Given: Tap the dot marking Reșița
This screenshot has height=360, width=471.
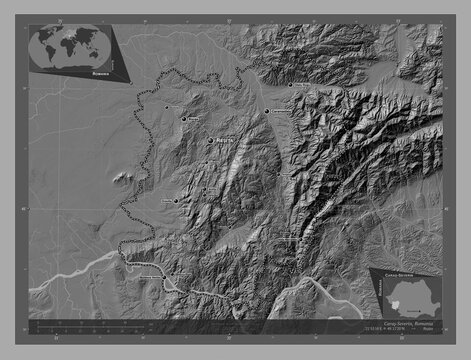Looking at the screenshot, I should point(211,141).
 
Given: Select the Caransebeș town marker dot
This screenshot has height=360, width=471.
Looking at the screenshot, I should point(267,113).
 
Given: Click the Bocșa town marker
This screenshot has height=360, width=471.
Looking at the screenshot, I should point(184,119).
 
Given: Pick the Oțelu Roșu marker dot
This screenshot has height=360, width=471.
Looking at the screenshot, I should point(291,86).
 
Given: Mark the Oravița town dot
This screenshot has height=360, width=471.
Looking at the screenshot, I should point(176,200).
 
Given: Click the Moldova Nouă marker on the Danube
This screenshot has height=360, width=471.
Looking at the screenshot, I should point(171,279).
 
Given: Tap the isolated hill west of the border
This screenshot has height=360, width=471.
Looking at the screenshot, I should point(122,179).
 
